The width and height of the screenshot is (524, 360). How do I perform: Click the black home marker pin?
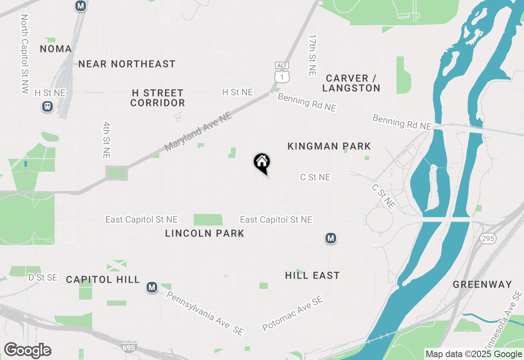(262, 163)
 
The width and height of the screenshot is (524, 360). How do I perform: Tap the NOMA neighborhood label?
(56, 49)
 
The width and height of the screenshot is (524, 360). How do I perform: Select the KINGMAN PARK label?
(329, 146)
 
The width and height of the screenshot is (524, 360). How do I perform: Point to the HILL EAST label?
(312, 275)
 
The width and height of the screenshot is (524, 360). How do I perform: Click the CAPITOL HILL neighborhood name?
(103, 279)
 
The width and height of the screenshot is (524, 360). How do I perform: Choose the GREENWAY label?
(483, 284)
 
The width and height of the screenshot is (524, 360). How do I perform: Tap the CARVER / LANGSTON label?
(351, 83)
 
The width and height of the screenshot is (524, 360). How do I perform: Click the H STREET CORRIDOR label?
(158, 98)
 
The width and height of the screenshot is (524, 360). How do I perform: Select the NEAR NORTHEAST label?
(127, 64)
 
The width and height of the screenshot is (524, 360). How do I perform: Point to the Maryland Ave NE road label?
(199, 132)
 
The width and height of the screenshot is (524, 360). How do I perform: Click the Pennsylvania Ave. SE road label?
(205, 313)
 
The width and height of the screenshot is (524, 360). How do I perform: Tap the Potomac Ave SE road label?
(293, 314)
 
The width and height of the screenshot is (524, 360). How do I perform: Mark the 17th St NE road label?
(313, 55)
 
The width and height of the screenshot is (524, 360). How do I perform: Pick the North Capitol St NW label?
(25, 54)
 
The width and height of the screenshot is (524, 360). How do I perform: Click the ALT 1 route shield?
(282, 73)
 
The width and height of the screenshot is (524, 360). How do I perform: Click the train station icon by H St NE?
(47, 107)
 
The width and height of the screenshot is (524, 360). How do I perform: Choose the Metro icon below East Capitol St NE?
(331, 238)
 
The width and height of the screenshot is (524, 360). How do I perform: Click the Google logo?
(27, 351)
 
